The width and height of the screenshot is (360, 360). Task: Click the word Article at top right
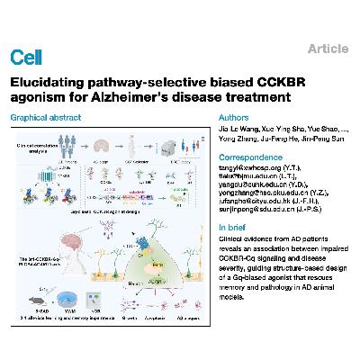(329, 49)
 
